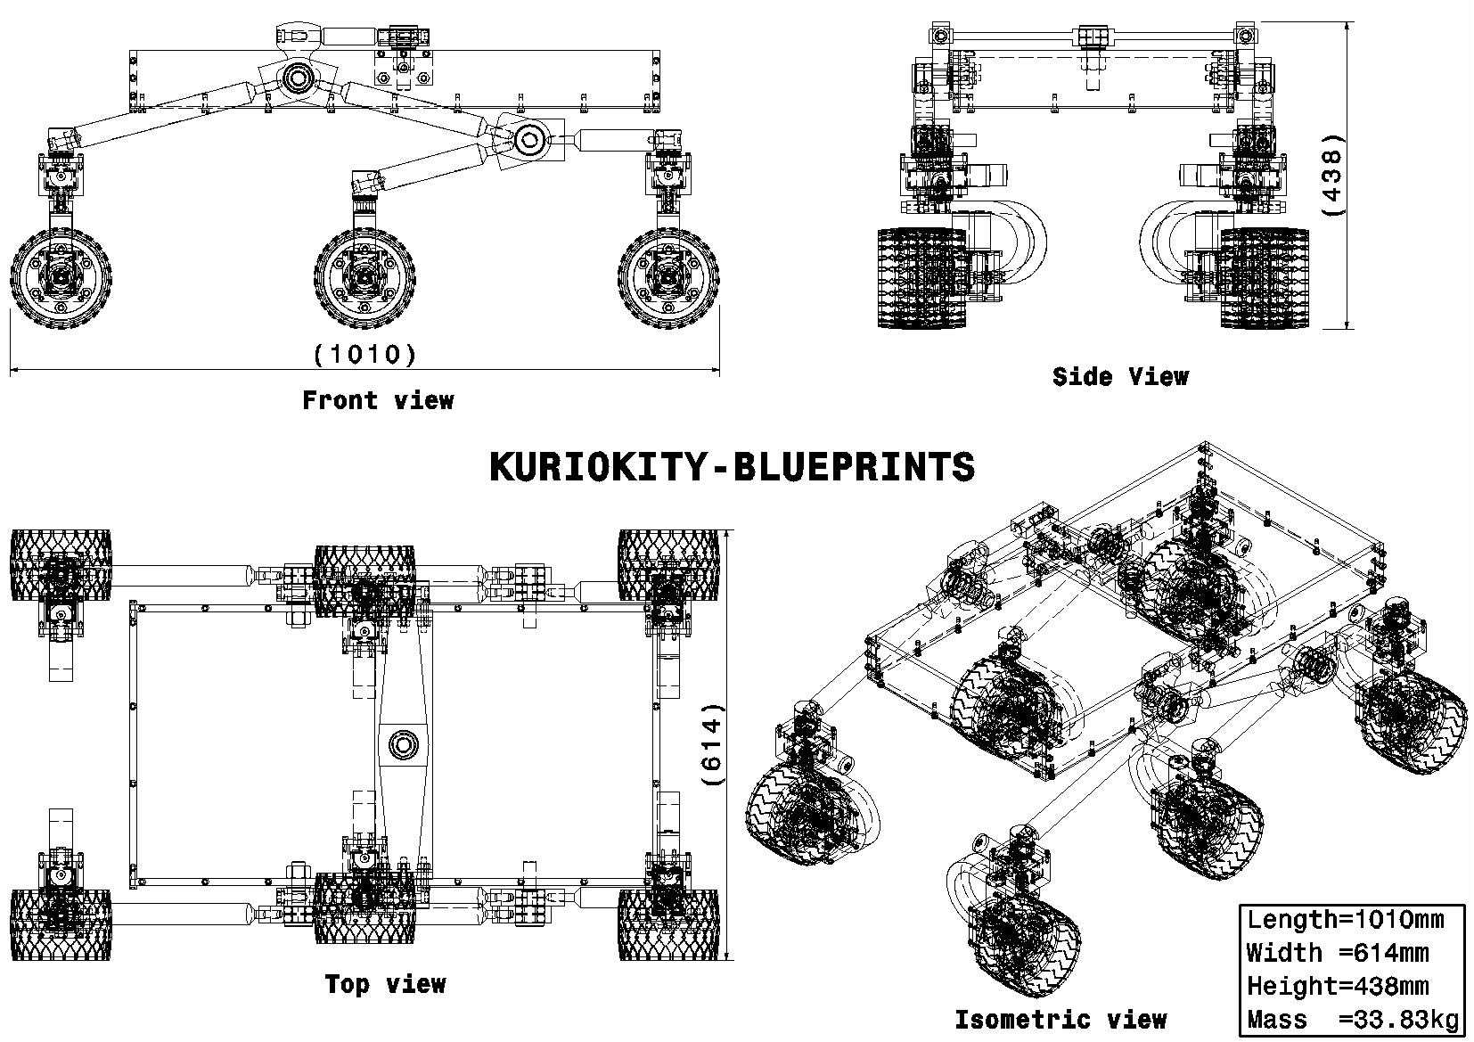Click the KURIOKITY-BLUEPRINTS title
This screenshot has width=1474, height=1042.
click(732, 467)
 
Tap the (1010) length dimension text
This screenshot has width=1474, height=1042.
click(365, 354)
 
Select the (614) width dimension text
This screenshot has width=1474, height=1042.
click(713, 744)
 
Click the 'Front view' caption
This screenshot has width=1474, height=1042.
click(378, 400)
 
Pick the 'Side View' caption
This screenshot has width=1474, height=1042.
click(1120, 376)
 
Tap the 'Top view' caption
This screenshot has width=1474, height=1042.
click(386, 984)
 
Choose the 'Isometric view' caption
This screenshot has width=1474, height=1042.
click(1060, 1020)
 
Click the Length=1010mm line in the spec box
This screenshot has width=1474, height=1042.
click(1345, 920)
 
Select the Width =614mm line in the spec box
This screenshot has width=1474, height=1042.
click(1338, 953)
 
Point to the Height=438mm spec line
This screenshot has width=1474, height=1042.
click(1338, 986)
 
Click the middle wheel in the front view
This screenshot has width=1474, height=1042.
click(364, 278)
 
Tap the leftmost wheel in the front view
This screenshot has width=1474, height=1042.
click(61, 278)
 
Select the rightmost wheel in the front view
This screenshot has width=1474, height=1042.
click(668, 278)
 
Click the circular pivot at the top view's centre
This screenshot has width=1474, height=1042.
click(404, 745)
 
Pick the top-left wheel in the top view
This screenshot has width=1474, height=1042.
click(61, 565)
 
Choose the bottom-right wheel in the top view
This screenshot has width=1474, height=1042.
click(668, 925)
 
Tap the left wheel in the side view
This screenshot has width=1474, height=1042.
click(922, 278)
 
